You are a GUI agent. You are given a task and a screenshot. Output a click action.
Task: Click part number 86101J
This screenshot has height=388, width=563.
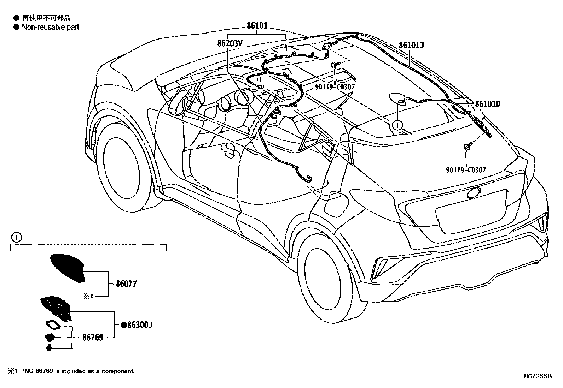coord(411,45)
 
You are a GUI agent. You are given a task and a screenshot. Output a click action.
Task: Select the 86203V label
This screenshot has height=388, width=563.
coord(230,43)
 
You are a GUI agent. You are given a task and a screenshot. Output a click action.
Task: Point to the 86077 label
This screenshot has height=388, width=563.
coord(126,284)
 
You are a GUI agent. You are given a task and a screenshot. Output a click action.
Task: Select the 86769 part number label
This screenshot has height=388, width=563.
coord(93,338)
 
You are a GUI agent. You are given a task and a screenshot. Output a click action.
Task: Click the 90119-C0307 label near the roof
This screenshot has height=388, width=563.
coord(334,87)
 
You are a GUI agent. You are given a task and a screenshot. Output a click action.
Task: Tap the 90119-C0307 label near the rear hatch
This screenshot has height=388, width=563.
coord(466,170)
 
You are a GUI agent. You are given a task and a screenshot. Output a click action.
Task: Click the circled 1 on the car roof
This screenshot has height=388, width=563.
coord(397,125)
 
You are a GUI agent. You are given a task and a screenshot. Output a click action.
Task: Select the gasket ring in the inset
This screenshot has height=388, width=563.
coord(52,324)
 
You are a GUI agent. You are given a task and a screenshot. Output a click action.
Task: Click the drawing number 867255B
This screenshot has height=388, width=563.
coord(538,376)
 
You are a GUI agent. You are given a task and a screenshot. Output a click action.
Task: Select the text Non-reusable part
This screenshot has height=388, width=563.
coord(51,27)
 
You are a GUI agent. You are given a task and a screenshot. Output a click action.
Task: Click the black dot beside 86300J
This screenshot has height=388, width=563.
coord(123,325)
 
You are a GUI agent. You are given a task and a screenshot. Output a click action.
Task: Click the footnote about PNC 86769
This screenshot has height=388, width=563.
coord(71,371)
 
